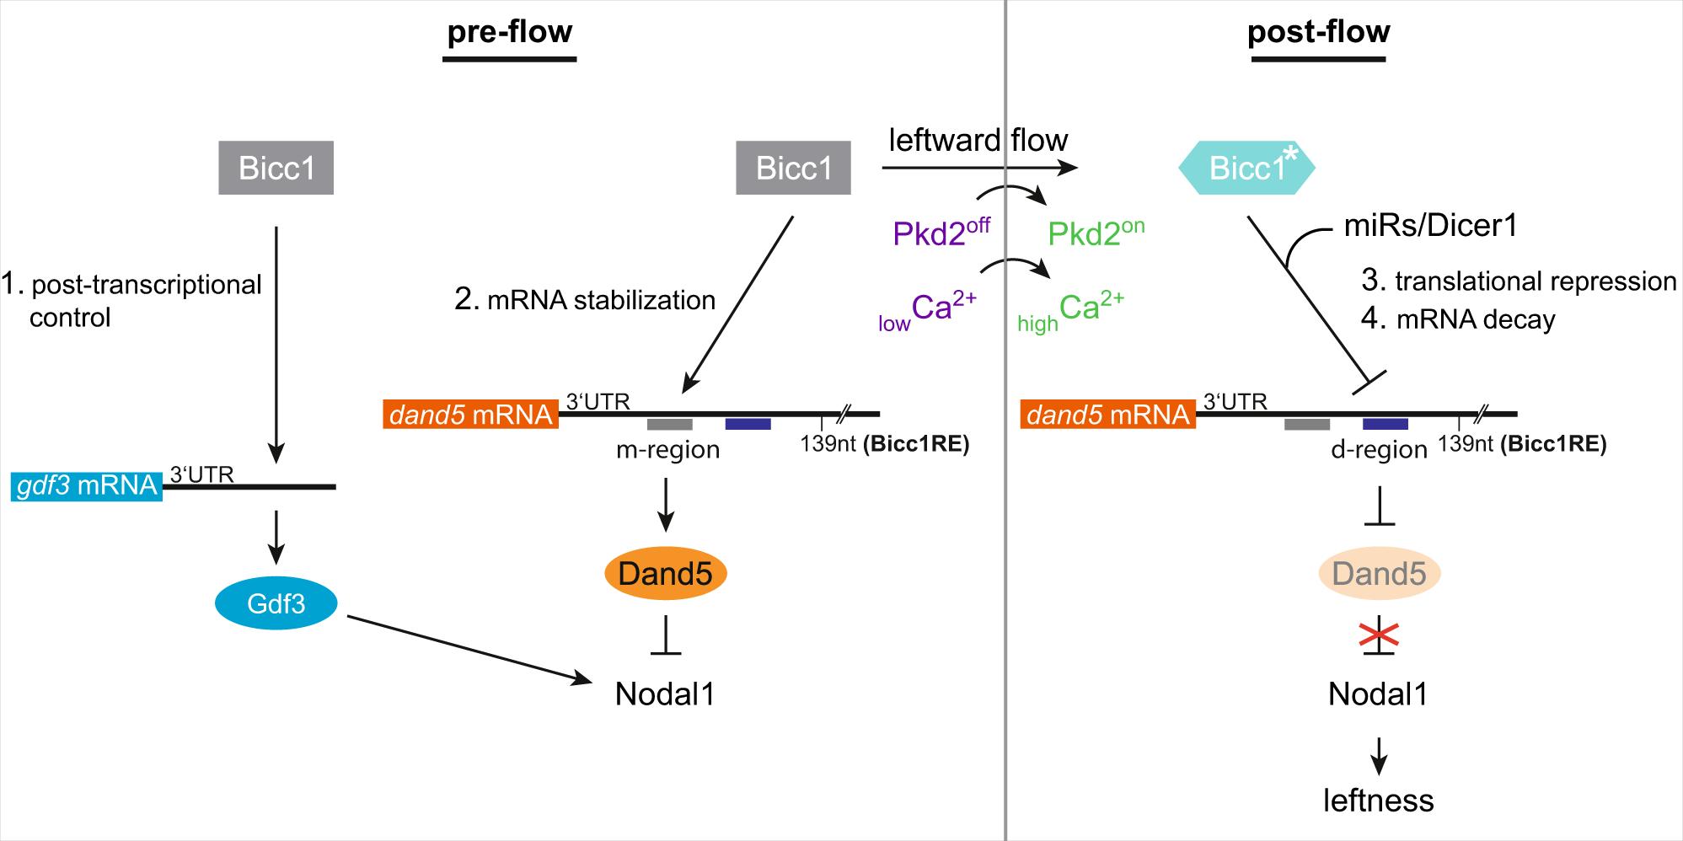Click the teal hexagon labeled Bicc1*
click(x=1246, y=169)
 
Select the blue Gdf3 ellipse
click(x=276, y=603)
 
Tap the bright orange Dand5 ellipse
click(x=666, y=574)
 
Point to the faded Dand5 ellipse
click(x=1379, y=574)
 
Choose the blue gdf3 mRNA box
click(x=87, y=486)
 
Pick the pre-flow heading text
click(x=509, y=32)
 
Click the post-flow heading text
click(x=1318, y=32)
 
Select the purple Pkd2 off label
click(x=941, y=232)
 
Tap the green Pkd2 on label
click(x=1096, y=232)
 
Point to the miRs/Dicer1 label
click(x=1430, y=226)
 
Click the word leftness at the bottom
click(x=1379, y=800)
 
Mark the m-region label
click(x=667, y=450)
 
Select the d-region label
click(x=1379, y=450)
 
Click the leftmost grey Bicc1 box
click(x=276, y=169)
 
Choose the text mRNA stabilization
click(x=601, y=300)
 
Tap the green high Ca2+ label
click(x=1071, y=312)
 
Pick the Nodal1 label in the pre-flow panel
click(x=665, y=694)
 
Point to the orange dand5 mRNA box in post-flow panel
click(x=1108, y=415)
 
